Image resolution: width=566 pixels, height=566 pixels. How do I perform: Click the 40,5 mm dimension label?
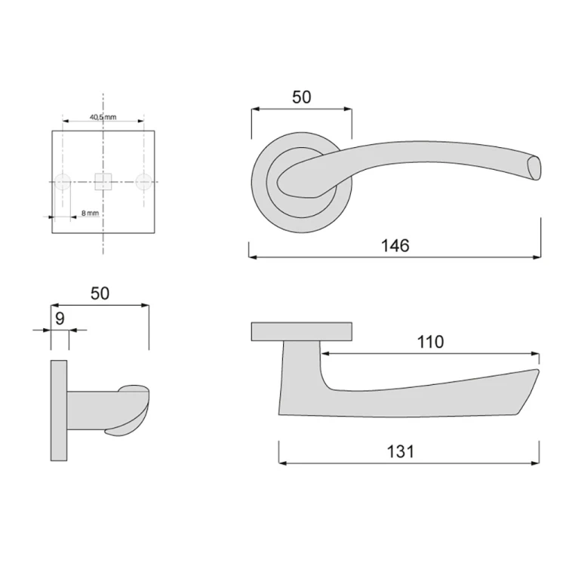point(103,117)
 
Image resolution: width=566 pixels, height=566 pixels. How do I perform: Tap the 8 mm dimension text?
point(90,214)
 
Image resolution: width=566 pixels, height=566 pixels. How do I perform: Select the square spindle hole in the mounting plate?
point(103,181)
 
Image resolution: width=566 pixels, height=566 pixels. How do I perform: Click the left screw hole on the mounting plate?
point(63,181)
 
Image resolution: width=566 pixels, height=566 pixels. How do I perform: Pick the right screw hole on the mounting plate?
point(143,181)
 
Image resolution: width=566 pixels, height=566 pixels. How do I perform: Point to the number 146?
point(394,246)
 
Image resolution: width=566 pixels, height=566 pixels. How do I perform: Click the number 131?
point(401,451)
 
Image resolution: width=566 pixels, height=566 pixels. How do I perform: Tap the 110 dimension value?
point(430,342)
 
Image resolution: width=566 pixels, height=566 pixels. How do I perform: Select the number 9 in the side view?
point(60,318)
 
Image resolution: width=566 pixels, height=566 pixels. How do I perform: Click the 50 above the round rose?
point(301,97)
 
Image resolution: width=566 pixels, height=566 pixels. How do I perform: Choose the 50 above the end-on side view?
point(100,294)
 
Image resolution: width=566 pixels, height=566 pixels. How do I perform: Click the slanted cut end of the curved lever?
point(534,167)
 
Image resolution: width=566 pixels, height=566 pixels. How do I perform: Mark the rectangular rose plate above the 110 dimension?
point(301,331)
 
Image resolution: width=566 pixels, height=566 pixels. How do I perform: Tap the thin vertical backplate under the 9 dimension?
point(59,411)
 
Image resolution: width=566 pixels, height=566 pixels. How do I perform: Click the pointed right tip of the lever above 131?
point(538,372)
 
